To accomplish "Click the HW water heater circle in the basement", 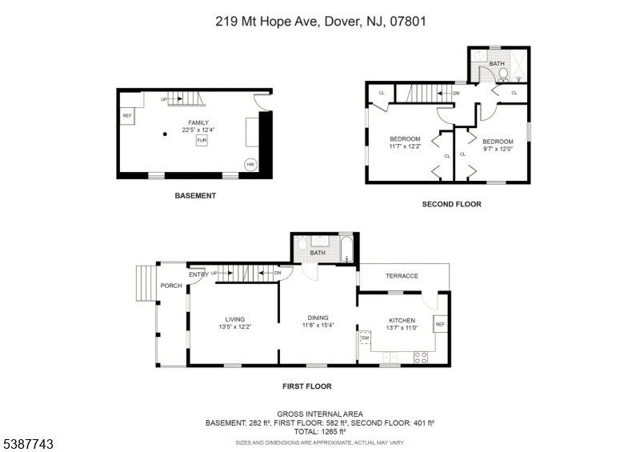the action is tap(250, 165).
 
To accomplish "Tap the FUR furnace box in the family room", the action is tap(202, 140).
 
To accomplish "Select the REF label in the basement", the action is tap(127, 115).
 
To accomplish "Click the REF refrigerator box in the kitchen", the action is tap(440, 324).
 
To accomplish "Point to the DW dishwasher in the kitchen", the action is tap(365, 338).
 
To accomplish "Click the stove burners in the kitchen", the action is tap(421, 358).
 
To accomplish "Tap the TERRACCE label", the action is tap(402, 276).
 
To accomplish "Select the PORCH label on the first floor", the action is tap(171, 286).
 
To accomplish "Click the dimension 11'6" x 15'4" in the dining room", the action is tap(318, 326).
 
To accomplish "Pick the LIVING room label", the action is tap(235, 319).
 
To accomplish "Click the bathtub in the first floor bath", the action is tap(346, 249).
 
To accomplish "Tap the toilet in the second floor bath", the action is tap(504, 74).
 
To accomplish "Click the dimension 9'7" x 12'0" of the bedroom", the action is tap(498, 149).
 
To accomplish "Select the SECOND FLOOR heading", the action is tap(451, 204).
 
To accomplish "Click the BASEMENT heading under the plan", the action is tap(195, 196).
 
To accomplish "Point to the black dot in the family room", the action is tap(165, 134).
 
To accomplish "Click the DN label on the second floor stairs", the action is tap(456, 93).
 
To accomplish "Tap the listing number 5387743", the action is tap(29, 444).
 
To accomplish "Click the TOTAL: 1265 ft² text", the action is tap(320, 431).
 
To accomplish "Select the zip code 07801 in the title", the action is tap(408, 22).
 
